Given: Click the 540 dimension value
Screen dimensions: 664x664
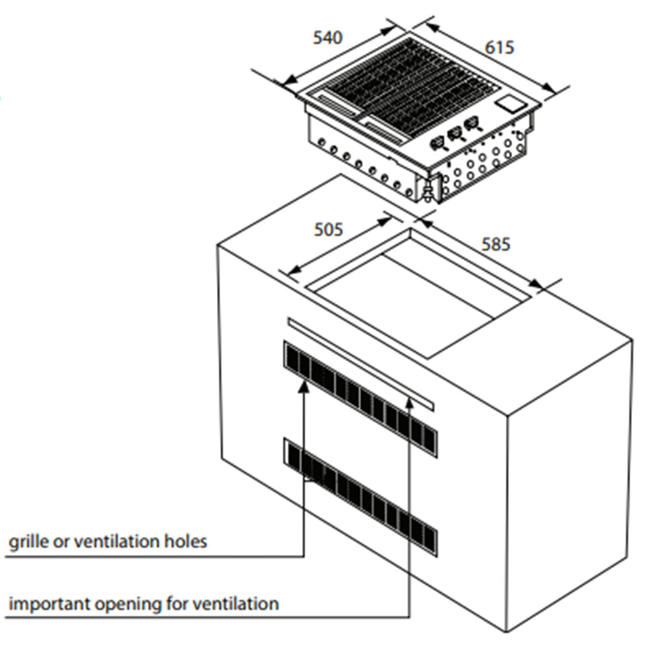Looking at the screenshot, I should (x=328, y=38).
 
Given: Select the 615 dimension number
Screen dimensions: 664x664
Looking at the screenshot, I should (x=500, y=48).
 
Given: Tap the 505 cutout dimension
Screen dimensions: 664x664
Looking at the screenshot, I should (x=329, y=229).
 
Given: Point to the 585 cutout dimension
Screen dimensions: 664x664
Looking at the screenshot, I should (x=495, y=244).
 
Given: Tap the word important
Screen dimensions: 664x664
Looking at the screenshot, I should (x=49, y=604).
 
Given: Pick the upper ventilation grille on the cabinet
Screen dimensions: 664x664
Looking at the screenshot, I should (x=360, y=398).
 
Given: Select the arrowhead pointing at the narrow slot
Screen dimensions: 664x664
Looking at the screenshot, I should (x=409, y=402).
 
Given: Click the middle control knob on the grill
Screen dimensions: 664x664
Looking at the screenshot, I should (x=455, y=133).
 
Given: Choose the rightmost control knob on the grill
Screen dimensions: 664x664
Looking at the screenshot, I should (x=472, y=124).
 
